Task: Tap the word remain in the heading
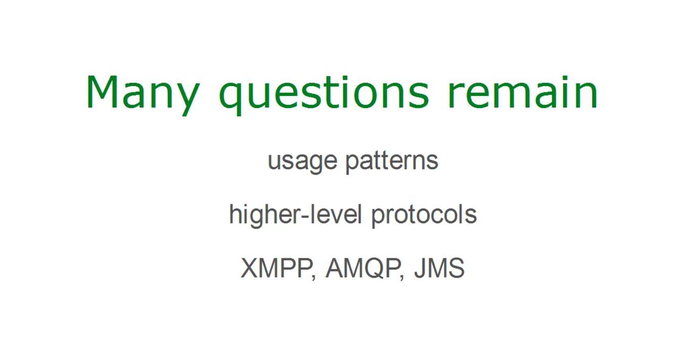pos(523,92)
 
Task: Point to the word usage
pos(302,162)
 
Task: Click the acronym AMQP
pos(363,269)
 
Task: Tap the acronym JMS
pos(439,268)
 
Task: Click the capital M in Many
pos(102,92)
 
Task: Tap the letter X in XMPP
pos(251,268)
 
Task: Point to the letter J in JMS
pos(420,268)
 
